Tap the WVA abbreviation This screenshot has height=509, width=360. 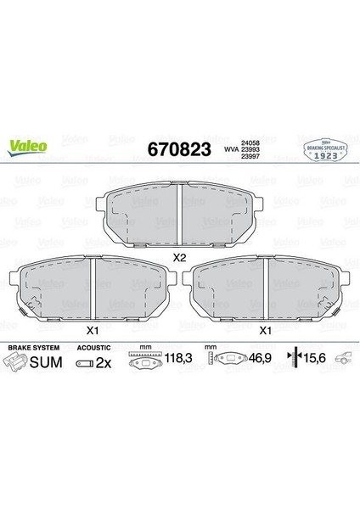tap(229, 149)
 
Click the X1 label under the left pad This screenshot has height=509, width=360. tap(92, 331)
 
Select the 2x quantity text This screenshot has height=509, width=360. tap(104, 363)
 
